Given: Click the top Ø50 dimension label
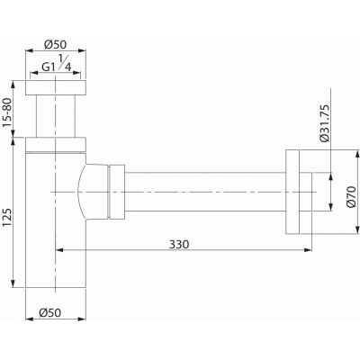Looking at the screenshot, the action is [55, 45].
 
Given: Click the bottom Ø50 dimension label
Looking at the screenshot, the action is [49, 313].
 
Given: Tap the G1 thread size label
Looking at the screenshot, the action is [49, 67].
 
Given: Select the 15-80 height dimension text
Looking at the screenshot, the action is [7, 112].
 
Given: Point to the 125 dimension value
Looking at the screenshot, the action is [7, 217].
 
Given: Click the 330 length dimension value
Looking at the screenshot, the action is [179, 245].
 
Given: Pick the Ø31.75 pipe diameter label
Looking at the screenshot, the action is [324, 123].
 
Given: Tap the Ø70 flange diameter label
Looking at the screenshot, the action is [351, 196].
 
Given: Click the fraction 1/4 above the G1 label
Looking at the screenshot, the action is [64, 62].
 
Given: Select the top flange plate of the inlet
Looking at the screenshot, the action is [56, 87].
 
